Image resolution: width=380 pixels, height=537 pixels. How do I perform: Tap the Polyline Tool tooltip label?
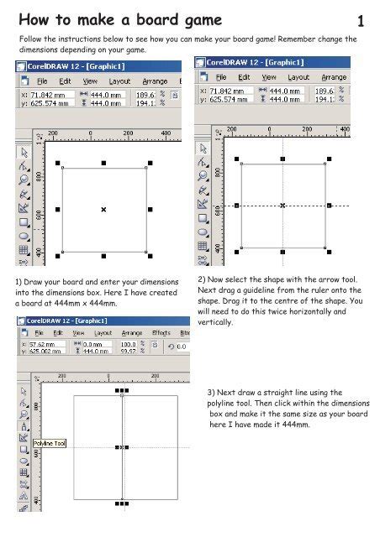(50, 454)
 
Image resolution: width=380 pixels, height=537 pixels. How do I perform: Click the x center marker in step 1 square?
(103, 209)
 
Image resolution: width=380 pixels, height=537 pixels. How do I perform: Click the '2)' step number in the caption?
(202, 279)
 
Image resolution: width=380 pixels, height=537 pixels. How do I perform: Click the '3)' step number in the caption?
(212, 392)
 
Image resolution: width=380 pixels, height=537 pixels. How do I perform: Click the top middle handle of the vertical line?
(123, 390)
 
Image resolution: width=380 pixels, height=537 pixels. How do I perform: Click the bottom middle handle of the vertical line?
(123, 503)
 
